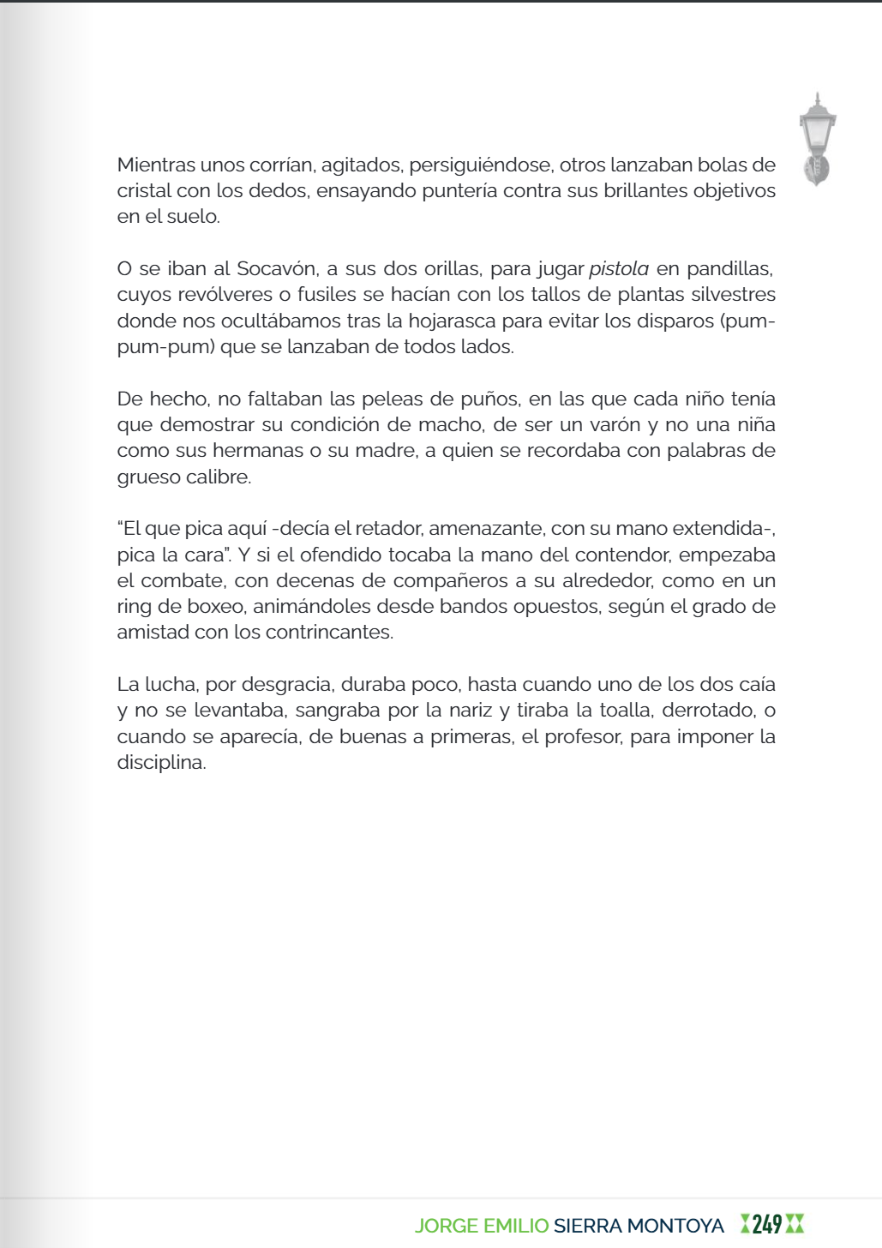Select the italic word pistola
pos(618,268)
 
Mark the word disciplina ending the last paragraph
pos(161,763)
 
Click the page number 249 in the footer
pos(767,1224)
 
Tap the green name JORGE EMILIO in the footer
pos(482,1226)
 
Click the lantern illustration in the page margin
pos(817,139)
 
